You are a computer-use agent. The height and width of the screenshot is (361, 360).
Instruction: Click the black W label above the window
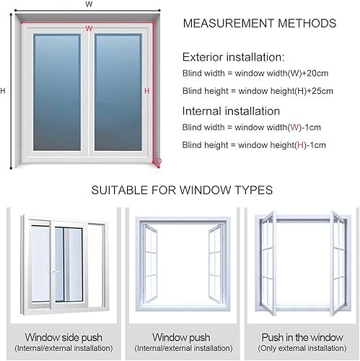point(89,4)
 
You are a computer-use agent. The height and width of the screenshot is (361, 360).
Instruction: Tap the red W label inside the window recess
point(89,28)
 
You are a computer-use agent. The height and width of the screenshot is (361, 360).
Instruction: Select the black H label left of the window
point(3,91)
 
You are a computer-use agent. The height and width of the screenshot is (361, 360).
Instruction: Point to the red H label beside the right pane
point(147,91)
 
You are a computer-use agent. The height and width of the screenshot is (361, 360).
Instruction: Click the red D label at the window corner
point(159,161)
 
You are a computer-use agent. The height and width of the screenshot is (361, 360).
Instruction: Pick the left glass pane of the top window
point(57,92)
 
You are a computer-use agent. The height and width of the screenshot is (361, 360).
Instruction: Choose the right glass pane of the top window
point(118,92)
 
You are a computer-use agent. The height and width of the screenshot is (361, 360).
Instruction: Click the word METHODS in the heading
point(307,23)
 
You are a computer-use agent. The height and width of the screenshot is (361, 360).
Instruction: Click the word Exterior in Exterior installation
point(203,57)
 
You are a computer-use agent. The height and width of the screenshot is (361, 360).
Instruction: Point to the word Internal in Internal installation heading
point(201,111)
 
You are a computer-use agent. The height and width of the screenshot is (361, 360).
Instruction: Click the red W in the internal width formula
point(294,127)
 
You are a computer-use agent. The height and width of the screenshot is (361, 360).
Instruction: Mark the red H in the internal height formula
point(300,145)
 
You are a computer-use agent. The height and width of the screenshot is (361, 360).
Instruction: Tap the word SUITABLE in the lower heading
point(119,190)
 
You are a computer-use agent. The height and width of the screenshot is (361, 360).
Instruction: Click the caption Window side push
point(63,337)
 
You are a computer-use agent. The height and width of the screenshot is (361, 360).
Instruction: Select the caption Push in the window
point(302,337)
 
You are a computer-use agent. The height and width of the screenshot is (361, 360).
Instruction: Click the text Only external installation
point(302,348)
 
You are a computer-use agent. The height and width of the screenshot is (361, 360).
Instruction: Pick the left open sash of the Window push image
point(150,263)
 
